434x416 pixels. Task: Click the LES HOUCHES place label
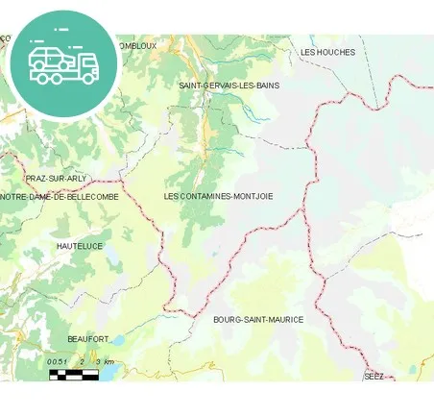tap(327, 52)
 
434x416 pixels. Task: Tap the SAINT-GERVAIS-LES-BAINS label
tap(229, 86)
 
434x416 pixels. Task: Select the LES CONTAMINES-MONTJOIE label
tap(218, 196)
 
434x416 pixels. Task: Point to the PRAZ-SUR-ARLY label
tap(56, 179)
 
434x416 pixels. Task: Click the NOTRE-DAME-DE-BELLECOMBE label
tap(60, 196)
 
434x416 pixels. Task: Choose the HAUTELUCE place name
tap(80, 246)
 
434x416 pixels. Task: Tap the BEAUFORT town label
tap(88, 339)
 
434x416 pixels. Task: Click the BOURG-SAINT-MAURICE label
tap(258, 319)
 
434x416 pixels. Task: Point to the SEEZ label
tap(374, 376)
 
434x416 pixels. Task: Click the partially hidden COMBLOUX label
tap(136, 45)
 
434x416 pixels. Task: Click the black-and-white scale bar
tap(74, 374)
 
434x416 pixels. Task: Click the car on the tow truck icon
tap(48, 57)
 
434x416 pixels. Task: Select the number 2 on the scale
tap(83, 361)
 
